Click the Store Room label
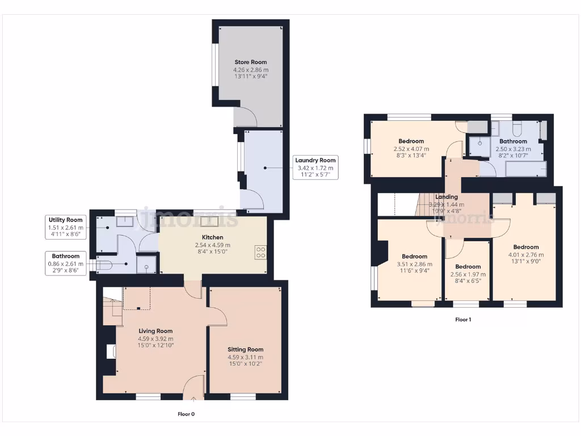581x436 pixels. (x=251, y=62)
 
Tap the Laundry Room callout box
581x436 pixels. (x=315, y=167)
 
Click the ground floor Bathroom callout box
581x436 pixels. (x=65, y=263)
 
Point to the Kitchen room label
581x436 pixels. (x=213, y=237)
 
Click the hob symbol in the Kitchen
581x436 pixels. (x=262, y=253)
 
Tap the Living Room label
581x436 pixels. (x=155, y=331)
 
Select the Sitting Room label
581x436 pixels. (x=245, y=350)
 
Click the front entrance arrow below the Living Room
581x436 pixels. (x=193, y=399)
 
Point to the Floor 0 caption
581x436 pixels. (x=186, y=414)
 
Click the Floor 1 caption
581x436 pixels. (x=463, y=320)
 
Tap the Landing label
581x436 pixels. (x=446, y=197)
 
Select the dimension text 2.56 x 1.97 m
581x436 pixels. (x=468, y=274)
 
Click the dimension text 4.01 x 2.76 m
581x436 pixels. (x=525, y=254)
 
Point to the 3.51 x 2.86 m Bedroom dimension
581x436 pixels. (x=414, y=264)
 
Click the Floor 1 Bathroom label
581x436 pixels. (x=513, y=141)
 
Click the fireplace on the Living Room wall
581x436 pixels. (x=111, y=352)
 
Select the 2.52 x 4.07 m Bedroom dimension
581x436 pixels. (x=411, y=149)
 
